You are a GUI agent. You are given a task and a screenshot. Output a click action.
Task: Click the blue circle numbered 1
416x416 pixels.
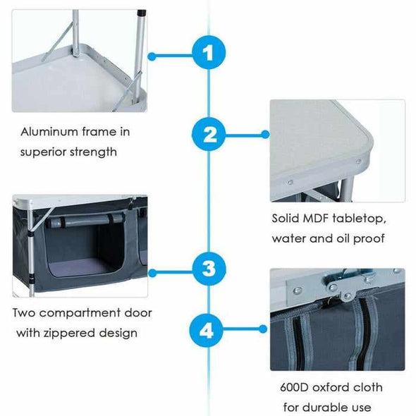coord(209,52)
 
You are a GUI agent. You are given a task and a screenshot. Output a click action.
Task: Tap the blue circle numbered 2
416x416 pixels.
coord(209,135)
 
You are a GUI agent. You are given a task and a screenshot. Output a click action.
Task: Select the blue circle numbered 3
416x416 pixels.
coord(209,269)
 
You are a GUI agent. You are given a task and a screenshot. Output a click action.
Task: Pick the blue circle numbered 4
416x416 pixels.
coord(207,330)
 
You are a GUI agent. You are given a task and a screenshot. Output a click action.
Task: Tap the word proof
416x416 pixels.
coord(369,239)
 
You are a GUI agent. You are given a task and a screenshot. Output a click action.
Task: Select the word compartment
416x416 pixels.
coord(80,313)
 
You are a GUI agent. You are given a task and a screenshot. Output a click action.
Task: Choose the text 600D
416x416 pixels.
coord(294,388)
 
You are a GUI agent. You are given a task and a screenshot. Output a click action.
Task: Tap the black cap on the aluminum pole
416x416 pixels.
coord(142,12)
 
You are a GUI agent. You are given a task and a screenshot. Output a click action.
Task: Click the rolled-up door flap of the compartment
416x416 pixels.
coord(85,220)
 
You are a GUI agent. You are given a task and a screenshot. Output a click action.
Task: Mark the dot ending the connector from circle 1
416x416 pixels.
coord(152,56)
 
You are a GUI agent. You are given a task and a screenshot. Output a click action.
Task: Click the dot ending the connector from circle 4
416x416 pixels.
coord(263,329)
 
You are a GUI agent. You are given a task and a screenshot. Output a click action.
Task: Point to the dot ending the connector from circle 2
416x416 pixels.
coord(265,135)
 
